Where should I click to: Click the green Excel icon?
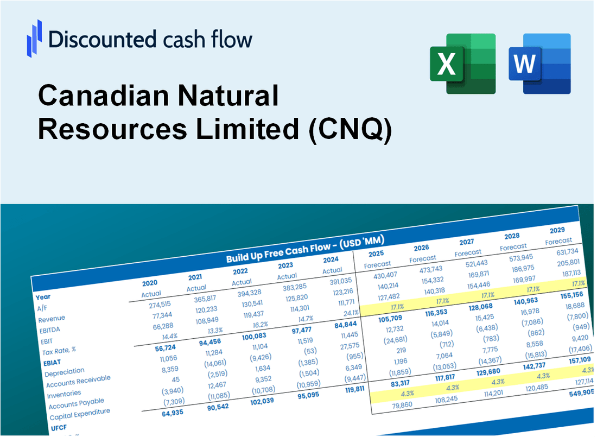463,63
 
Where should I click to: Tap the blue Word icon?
539,63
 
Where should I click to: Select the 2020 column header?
150,283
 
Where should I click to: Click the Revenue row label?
52,318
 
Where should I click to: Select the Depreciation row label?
65,371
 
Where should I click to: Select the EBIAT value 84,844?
339,324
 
